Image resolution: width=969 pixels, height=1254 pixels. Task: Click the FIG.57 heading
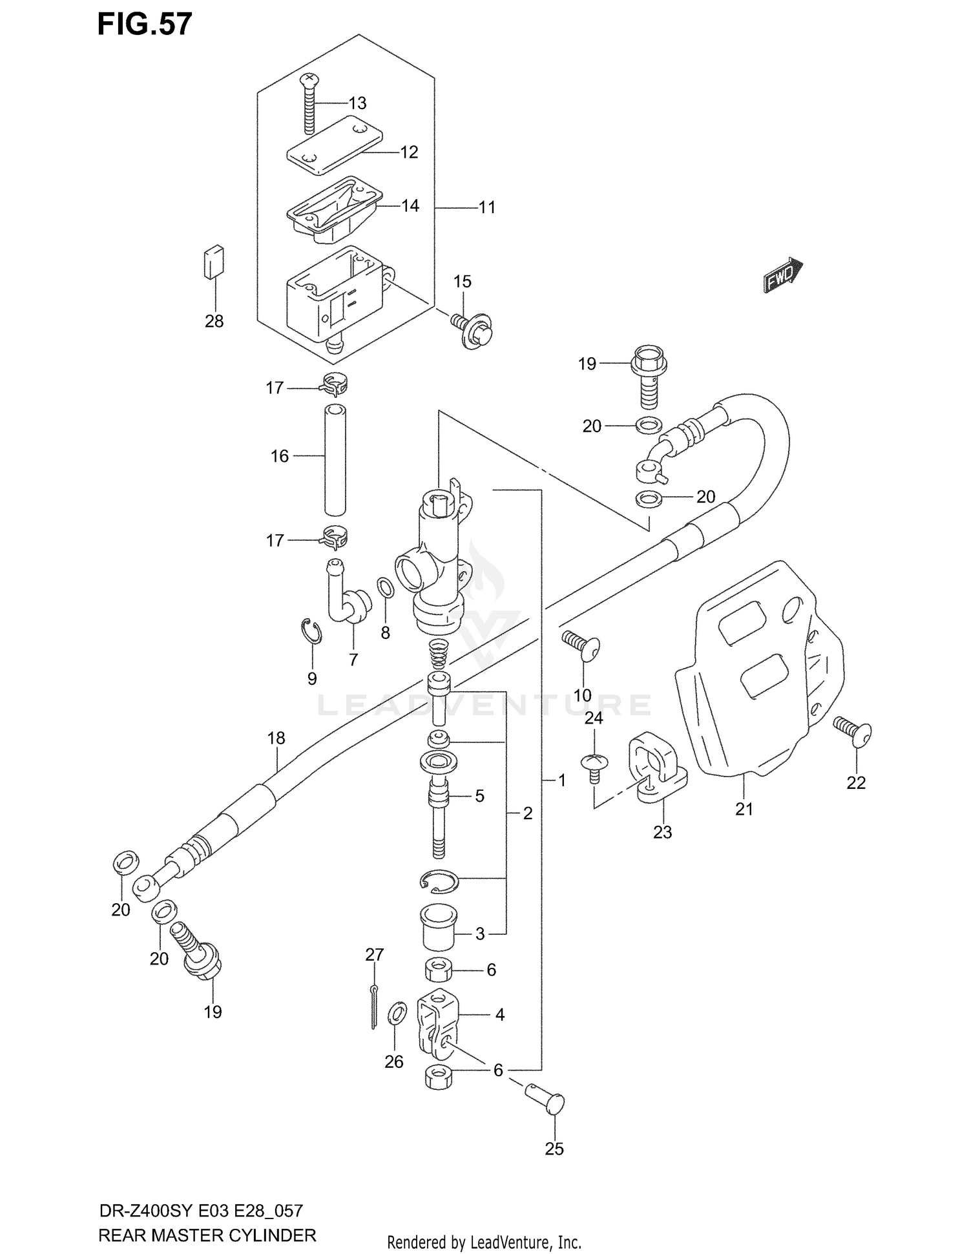[x=145, y=24]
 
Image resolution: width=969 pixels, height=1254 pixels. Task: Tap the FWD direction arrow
[x=783, y=277]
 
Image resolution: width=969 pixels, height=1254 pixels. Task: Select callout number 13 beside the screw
[x=357, y=103]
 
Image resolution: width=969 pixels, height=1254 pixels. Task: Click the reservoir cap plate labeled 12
[x=334, y=145]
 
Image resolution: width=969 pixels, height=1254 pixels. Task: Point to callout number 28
[x=214, y=320]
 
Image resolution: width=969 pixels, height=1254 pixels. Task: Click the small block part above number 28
[x=214, y=262]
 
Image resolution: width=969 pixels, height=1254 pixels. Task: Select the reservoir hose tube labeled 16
[x=335, y=459]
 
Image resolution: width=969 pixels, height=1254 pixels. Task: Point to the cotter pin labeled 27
[x=374, y=1008]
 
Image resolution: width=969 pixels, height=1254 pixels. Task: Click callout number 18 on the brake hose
[x=276, y=738]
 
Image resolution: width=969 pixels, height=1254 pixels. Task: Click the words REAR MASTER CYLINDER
[x=207, y=1235]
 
